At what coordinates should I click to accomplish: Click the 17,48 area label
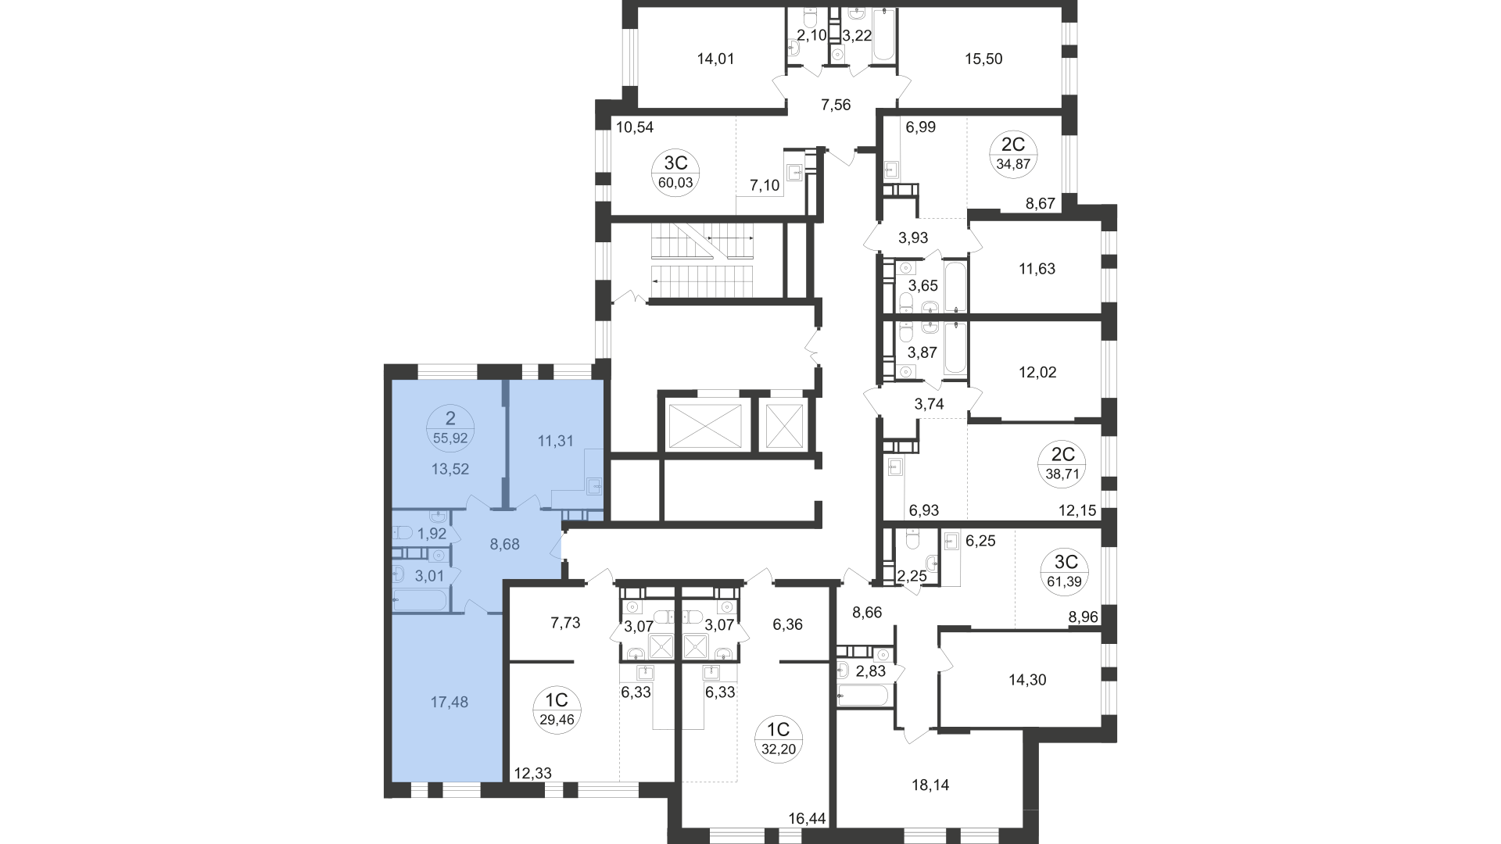point(450,703)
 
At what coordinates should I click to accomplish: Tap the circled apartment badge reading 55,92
point(449,430)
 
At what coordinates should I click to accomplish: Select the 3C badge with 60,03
point(675,173)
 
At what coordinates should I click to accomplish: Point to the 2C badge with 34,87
point(1013,153)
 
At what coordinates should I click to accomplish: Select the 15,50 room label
point(983,59)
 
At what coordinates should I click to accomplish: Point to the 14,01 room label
point(715,59)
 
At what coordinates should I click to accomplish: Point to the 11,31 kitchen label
point(556,441)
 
